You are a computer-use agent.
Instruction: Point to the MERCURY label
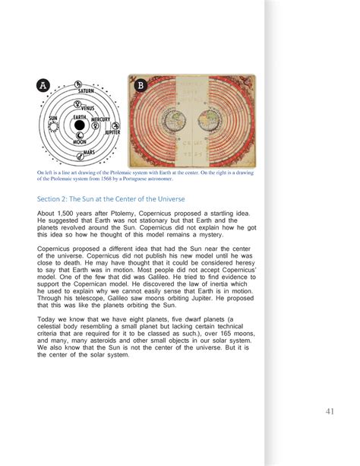pyautogui.click(x=101, y=120)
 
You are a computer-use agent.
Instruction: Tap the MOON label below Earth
pyautogui.click(x=79, y=142)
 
